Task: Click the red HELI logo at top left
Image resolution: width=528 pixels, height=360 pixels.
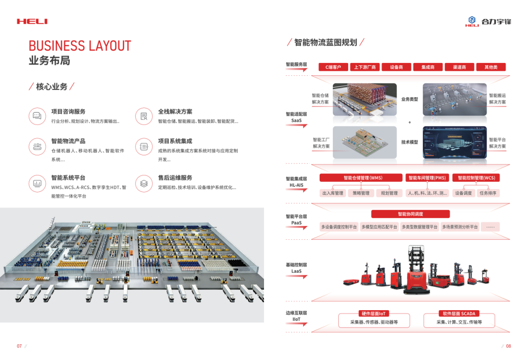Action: pos(32,21)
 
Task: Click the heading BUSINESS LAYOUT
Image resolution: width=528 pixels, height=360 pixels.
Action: pos(80,46)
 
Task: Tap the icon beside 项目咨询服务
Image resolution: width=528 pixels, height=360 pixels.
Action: pos(37,116)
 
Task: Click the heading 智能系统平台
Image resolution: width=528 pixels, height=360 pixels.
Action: pos(68,178)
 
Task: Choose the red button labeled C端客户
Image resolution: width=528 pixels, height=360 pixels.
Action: pos(333,67)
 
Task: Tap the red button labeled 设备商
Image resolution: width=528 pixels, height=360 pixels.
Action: pos(396,67)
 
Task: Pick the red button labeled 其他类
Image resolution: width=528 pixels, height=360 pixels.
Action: pos(491,67)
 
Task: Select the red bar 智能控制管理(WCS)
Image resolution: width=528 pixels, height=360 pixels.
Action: pos(476,178)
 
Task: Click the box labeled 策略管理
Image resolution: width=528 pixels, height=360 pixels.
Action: pos(361,193)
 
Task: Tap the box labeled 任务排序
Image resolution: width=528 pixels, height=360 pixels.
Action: pos(487,193)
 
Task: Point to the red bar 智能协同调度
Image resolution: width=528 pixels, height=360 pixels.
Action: pos(410,214)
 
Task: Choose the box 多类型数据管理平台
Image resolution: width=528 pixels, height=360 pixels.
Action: pos(419,227)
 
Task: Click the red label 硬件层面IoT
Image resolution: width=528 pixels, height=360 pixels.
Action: pos(374,314)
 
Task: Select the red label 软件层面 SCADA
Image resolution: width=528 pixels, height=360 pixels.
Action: pos(459,314)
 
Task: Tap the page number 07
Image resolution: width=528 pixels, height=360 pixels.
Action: pos(20,346)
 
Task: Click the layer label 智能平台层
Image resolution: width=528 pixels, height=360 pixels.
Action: pos(296,216)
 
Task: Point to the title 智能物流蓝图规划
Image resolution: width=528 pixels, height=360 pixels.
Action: pos(326,42)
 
